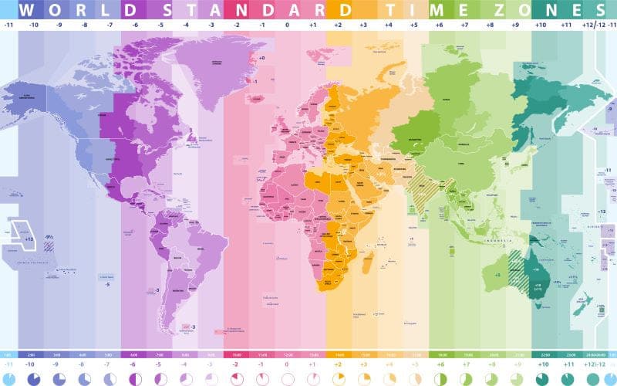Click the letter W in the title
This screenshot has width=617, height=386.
[26, 10]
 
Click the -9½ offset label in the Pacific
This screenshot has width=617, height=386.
[48, 236]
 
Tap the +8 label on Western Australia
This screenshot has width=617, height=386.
[498, 273]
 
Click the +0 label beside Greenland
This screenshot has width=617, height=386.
[261, 58]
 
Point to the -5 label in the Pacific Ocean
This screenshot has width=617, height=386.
[107, 284]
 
